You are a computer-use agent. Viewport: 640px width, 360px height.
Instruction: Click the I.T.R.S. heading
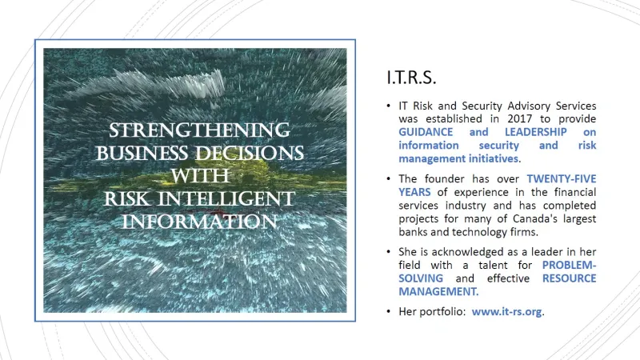pos(411,78)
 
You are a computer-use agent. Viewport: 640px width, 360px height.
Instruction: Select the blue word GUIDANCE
pos(426,132)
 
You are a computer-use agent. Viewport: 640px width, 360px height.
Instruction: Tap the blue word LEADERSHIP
pos(535,132)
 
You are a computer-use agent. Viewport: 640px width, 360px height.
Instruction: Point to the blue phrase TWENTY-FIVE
pos(562,178)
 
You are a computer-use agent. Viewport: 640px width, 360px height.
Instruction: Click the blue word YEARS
pos(414,192)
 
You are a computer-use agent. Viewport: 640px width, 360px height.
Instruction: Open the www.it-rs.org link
pos(507,312)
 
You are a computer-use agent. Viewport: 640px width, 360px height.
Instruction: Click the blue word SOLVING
pos(421,278)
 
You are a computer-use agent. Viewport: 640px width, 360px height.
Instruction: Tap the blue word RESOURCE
pos(569,278)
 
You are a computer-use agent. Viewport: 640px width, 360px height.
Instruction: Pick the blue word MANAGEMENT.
pos(438,291)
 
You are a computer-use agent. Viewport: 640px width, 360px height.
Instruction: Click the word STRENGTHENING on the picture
pos(199,130)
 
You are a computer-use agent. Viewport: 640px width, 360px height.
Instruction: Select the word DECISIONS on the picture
pos(249,153)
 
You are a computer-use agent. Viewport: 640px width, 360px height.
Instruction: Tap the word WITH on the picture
pos(199,176)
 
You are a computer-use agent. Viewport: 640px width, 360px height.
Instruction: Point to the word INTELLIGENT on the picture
pos(226,198)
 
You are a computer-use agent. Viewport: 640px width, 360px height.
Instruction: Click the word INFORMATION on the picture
pos(199,222)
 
